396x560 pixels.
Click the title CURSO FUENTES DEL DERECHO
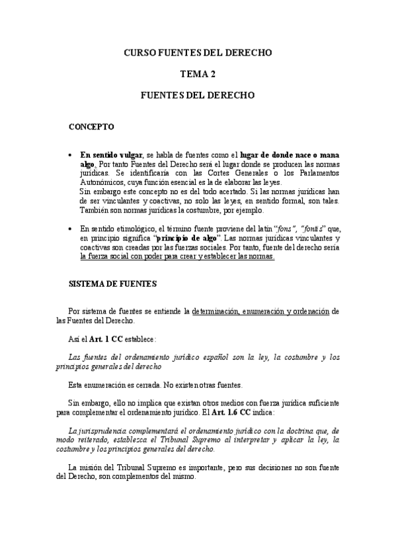point(198,52)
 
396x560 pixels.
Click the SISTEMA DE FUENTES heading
point(113,284)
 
